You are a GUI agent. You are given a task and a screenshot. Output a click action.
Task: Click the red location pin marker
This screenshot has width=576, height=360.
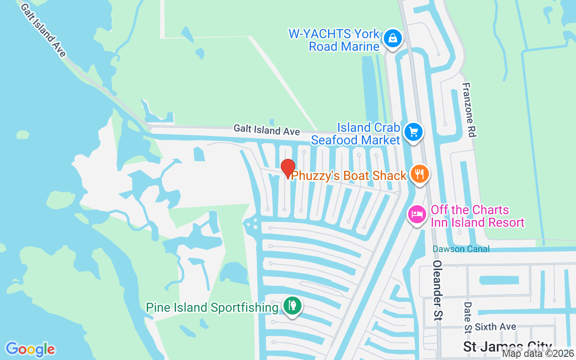[288, 168]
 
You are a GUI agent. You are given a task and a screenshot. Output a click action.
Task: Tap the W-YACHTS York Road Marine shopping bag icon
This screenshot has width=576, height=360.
[393, 39]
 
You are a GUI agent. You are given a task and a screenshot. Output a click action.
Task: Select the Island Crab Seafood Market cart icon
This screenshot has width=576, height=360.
[414, 132]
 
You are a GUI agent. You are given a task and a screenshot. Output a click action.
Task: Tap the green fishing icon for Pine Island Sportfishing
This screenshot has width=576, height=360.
[292, 306]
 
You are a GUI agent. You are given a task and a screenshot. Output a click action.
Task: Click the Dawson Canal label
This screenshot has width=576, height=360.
[461, 249]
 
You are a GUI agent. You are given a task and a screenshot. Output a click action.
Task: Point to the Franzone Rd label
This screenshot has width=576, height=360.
[469, 110]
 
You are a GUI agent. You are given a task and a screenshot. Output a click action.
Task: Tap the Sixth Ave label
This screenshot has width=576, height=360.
[495, 327]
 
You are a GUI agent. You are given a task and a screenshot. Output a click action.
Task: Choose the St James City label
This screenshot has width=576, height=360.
[508, 347]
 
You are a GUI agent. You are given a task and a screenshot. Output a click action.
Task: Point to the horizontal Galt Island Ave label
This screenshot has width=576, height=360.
[266, 130]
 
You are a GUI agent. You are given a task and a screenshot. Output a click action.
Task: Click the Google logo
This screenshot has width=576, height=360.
[30, 349]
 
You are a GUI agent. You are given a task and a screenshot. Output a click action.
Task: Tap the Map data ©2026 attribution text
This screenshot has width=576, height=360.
[538, 354]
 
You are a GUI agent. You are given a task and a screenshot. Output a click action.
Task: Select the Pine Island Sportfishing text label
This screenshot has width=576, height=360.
[212, 308]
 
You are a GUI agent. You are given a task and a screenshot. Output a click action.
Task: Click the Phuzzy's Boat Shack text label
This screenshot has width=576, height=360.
[349, 175]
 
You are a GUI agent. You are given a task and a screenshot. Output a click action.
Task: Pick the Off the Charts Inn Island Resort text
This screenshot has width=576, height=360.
[477, 216]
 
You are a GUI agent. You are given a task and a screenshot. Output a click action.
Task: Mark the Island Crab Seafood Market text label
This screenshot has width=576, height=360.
[355, 134]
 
